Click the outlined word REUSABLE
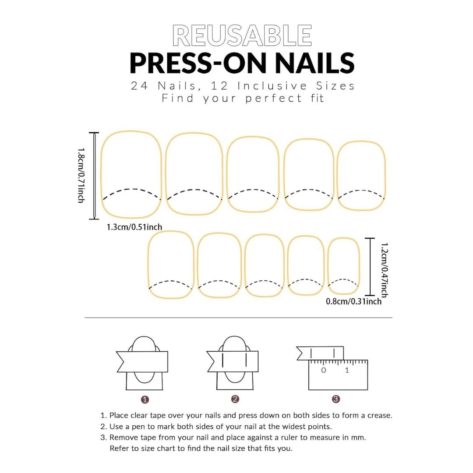click(x=242, y=36)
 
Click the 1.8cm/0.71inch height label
click(x=81, y=175)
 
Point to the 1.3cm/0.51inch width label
click(x=134, y=227)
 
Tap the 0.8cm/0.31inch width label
click(x=353, y=301)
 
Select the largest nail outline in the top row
click(x=131, y=174)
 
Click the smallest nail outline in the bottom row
click(x=344, y=266)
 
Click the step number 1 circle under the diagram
click(x=145, y=399)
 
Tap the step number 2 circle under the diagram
click(x=235, y=399)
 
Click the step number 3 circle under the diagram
click(x=336, y=399)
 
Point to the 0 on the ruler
click(x=323, y=371)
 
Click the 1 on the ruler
click(x=347, y=371)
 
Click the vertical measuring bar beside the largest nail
click(x=94, y=175)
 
